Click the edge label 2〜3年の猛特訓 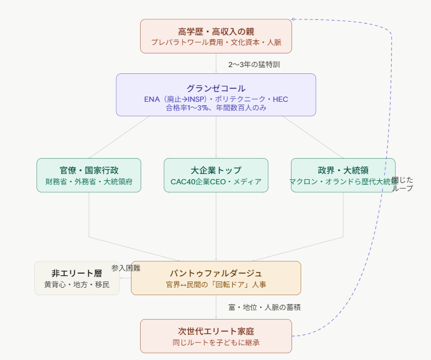pos(254,64)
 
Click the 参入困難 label pos(126,267)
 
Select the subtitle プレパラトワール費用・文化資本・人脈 pos(216,43)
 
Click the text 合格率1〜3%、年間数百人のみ pos(216,107)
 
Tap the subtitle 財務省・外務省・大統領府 pos(89,182)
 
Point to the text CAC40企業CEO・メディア pos(216,182)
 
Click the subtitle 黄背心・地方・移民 pos(77,284)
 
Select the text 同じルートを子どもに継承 pos(216,343)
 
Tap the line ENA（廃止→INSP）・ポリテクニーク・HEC pos(216,99)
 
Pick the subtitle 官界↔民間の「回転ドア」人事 pos(216,284)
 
